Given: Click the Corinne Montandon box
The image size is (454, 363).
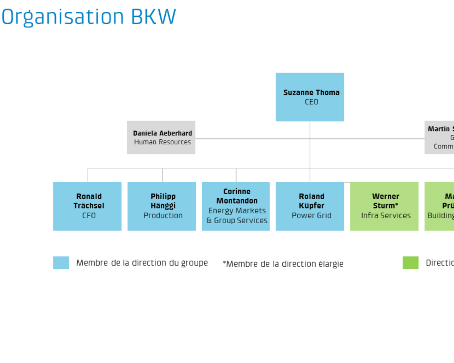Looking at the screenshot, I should (236, 206).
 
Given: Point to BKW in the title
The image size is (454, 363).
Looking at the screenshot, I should (153, 17).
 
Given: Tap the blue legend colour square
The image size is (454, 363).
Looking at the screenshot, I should (61, 263).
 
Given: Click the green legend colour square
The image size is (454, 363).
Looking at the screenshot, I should (410, 263).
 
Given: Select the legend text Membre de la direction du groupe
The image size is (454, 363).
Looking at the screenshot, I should (142, 263).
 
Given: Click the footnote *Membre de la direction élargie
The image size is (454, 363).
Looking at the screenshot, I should (283, 264).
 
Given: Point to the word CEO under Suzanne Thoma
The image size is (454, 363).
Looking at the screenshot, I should (311, 102).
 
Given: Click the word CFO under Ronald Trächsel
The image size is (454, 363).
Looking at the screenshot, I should (89, 216).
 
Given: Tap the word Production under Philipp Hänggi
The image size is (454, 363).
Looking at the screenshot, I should (163, 216).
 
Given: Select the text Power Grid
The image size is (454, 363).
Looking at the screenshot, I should (311, 216).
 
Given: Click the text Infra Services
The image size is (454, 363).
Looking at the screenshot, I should (386, 216).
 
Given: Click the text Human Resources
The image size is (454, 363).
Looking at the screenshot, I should (162, 142).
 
